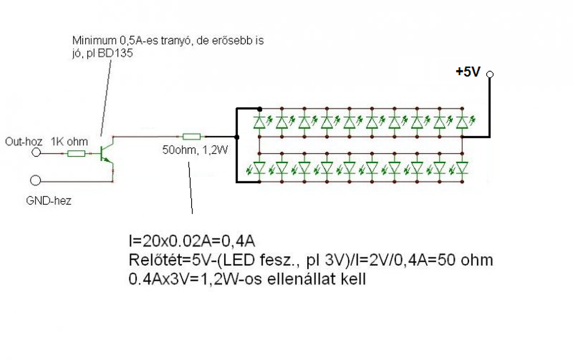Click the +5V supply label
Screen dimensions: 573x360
pyautogui.click(x=468, y=72)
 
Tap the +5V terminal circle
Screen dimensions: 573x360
pyautogui.click(x=490, y=74)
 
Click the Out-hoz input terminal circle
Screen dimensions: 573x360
pyautogui.click(x=36, y=153)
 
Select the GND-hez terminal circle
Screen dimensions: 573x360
pyautogui.click(x=36, y=180)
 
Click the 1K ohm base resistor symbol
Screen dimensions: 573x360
pyautogui.click(x=76, y=154)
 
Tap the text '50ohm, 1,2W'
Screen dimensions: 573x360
pyautogui.click(x=195, y=150)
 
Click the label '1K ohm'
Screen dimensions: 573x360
pyautogui.click(x=69, y=142)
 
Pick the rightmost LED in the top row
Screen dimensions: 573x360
pyautogui.click(x=462, y=121)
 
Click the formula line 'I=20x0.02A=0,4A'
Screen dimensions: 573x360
pyautogui.click(x=192, y=242)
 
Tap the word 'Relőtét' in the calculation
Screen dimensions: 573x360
pyautogui.click(x=150, y=261)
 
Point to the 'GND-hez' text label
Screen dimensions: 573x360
pyautogui.click(x=49, y=201)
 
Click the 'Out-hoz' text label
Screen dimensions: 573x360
pyautogui.click(x=24, y=142)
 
